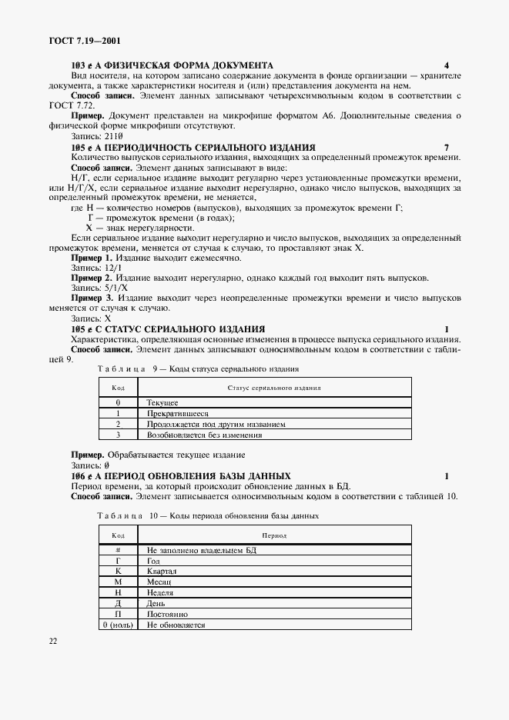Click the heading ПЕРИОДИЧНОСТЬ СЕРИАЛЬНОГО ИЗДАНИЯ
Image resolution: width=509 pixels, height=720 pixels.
pos(210,147)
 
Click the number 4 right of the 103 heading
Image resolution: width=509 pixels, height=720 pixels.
pos(447,65)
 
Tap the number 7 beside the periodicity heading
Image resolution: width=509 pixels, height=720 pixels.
pos(447,147)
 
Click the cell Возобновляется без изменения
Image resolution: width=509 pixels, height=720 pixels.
pos(204,435)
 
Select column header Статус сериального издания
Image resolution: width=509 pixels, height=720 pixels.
pos(274,389)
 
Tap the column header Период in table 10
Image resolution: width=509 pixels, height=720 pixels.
pos(274,535)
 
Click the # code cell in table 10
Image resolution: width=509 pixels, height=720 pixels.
pos(119,551)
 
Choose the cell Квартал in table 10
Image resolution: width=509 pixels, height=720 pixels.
pos(162,572)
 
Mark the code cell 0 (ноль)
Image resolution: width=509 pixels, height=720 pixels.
pos(119,625)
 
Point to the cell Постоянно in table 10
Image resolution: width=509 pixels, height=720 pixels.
pos(167,615)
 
